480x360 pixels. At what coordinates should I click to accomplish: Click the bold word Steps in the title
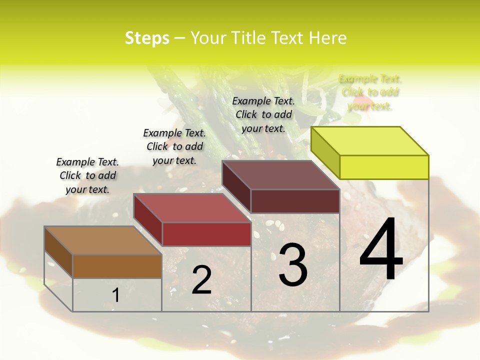coord(147,38)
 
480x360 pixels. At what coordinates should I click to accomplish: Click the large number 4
coord(381,250)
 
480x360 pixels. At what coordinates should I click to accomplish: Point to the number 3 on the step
coord(293,265)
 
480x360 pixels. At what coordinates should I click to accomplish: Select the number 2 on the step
coord(201,280)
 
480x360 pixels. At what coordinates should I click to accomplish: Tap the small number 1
coord(115,295)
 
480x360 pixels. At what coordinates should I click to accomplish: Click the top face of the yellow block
coord(370,141)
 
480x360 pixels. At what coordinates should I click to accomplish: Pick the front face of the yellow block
coord(384,167)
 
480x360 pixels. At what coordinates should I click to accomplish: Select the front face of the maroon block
coord(295,201)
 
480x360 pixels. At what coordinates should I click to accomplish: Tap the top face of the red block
coord(192,208)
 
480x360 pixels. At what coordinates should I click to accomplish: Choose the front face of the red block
coord(206,234)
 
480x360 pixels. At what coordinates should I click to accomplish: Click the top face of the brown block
coord(103,240)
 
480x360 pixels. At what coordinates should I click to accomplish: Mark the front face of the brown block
coord(117,266)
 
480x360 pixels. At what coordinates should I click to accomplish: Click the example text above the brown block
coord(87,175)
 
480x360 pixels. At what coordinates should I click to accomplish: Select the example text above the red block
coord(174,146)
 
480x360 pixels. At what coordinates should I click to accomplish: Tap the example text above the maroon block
coord(263,114)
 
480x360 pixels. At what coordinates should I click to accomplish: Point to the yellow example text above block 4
coord(370,92)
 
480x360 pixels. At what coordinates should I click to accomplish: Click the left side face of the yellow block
coord(325,152)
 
